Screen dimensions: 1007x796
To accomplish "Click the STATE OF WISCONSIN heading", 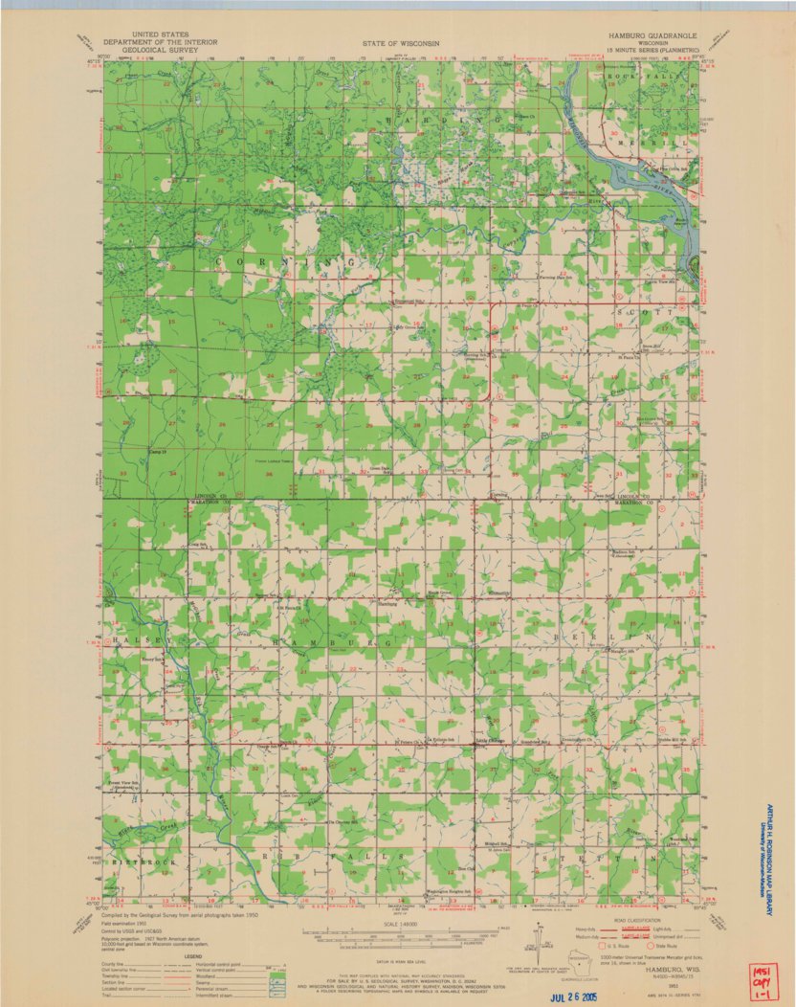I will (401, 44).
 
